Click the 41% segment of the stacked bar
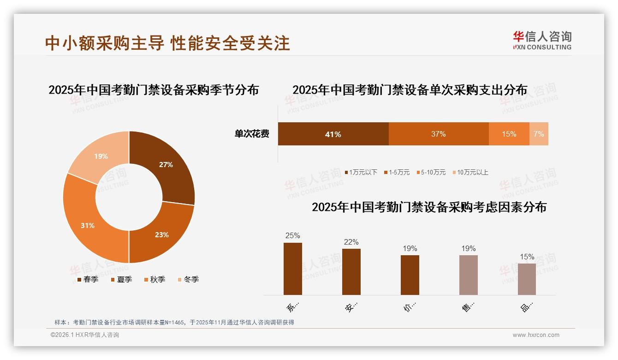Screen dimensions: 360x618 tap(333, 134)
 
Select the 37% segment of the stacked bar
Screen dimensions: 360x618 tap(438, 134)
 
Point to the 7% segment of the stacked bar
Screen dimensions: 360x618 tap(539, 134)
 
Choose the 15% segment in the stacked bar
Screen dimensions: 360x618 tap(509, 134)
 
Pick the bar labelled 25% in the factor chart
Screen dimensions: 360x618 tap(292, 269)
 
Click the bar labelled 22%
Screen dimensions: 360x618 tap(351, 271)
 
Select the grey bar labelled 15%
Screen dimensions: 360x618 tap(527, 279)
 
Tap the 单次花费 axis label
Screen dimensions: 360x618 tap(252, 134)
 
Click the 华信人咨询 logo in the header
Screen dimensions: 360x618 tap(542, 40)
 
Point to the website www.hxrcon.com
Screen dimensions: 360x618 tap(536, 335)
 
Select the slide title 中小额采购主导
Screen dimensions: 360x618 tap(105, 43)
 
